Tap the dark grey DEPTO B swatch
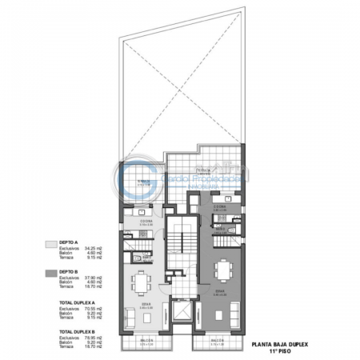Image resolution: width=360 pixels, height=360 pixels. tap(51, 273)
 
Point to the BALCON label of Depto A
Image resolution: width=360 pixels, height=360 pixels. tap(143, 341)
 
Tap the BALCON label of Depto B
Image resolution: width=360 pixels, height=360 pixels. tap(217, 341)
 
